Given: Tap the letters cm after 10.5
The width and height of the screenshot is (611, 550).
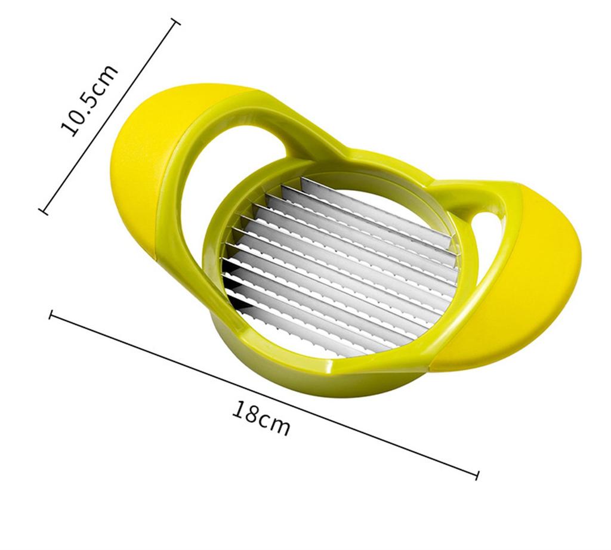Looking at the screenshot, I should tap(106, 78).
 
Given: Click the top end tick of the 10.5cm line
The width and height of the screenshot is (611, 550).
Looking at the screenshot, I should tap(175, 23).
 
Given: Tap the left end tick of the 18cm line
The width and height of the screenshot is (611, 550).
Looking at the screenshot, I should tap(52, 314).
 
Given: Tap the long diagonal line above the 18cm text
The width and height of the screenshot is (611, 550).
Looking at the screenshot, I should tap(263, 394).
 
